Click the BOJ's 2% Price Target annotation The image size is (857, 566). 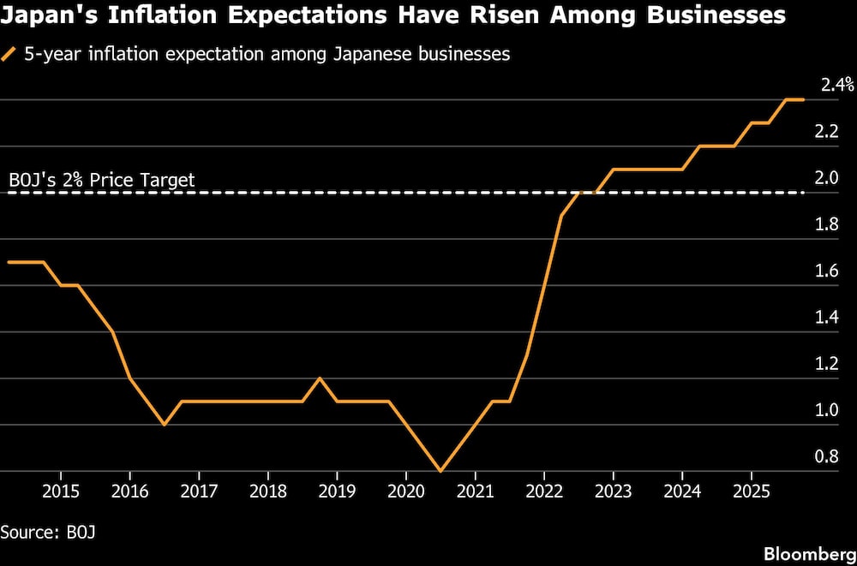coord(102,180)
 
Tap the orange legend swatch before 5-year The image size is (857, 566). coord(9,55)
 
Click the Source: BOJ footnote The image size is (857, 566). coord(48,532)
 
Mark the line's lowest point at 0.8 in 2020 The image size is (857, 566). coord(440,471)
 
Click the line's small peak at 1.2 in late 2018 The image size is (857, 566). coord(320,378)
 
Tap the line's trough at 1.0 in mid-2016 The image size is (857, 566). coord(164,425)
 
